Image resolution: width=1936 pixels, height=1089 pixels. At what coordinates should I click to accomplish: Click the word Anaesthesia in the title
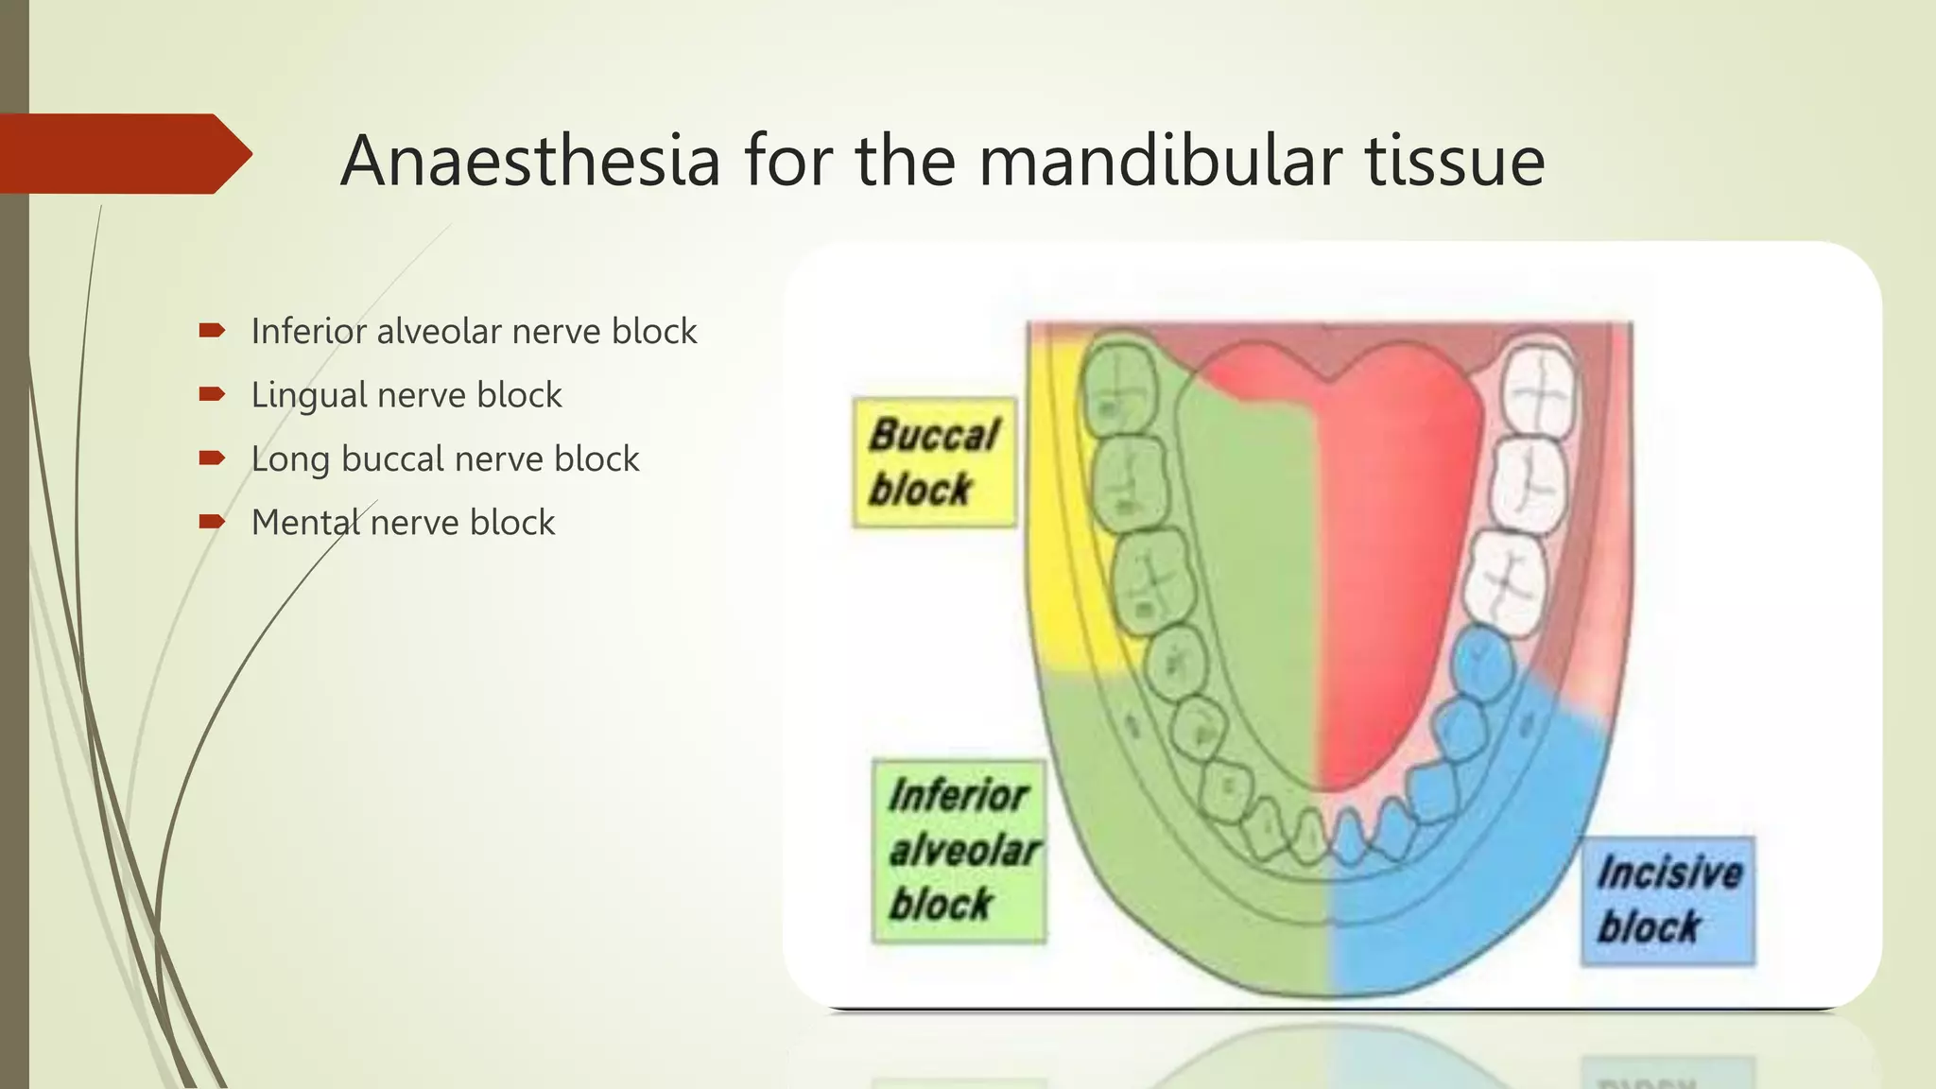(x=530, y=161)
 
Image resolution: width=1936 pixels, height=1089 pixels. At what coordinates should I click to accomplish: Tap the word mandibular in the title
(x=1159, y=161)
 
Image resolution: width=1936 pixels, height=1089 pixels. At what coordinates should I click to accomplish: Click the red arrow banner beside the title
(x=123, y=153)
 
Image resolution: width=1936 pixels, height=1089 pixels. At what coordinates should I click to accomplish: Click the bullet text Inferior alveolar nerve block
(x=474, y=332)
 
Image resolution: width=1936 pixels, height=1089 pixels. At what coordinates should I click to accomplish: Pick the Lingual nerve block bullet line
(x=406, y=395)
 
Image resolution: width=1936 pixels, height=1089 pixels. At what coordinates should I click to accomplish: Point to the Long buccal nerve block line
(x=444, y=459)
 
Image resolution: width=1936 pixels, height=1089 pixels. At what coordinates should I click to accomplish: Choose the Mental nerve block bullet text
(x=403, y=523)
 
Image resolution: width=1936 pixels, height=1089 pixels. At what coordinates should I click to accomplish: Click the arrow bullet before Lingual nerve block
(x=212, y=394)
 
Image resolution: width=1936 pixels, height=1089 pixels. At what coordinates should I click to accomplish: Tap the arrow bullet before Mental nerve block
(x=212, y=522)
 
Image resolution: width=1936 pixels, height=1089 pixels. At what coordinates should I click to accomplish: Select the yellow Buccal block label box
(x=934, y=462)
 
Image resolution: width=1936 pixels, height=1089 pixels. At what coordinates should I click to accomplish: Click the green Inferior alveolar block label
(x=959, y=850)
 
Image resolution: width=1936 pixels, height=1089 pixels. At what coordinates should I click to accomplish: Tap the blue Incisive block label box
(x=1668, y=900)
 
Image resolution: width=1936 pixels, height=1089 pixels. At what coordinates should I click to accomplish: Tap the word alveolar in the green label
(x=964, y=850)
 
